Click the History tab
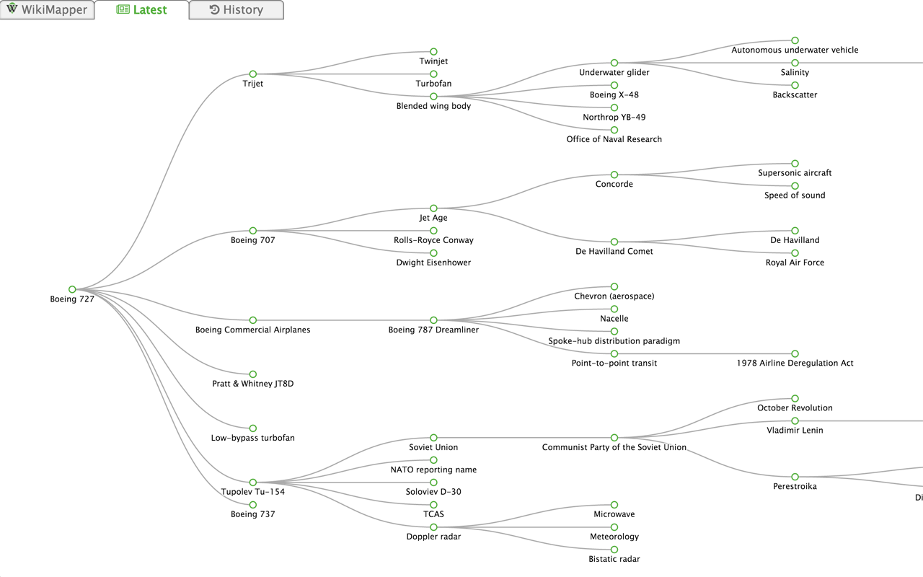tap(236, 10)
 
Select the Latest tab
tap(141, 10)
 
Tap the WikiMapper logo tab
tap(47, 10)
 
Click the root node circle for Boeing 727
tap(72, 289)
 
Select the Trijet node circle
tap(253, 74)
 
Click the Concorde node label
tap(614, 185)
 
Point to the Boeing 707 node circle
tap(253, 231)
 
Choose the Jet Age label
tap(433, 218)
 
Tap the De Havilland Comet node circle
tap(614, 242)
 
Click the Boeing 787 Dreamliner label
tap(433, 330)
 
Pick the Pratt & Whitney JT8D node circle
tap(253, 374)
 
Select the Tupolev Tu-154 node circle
tap(253, 482)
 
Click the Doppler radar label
tap(433, 537)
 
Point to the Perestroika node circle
tap(795, 477)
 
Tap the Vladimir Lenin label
tap(795, 431)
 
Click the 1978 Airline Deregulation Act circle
tap(795, 353)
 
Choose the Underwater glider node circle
tap(614, 63)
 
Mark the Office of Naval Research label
tap(614, 140)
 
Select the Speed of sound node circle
tap(795, 186)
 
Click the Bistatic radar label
tap(614, 560)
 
